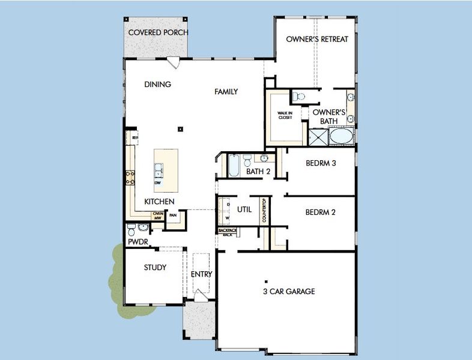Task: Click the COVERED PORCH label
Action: pos(158,32)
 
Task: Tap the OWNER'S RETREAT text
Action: pos(316,39)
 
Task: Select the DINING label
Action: pos(158,85)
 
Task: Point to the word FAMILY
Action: pos(226,92)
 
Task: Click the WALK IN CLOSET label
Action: pos(285,115)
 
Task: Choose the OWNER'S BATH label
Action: pos(328,116)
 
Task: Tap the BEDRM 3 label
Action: pos(320,163)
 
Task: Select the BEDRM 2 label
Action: pos(320,212)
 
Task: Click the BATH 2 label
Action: pos(258,172)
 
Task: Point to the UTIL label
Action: pos(244,209)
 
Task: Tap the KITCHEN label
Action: pos(159,202)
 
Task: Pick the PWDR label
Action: pos(137,242)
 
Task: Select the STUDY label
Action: pos(155,268)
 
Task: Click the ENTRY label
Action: pos(201,274)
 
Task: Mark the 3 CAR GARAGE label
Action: pos(289,292)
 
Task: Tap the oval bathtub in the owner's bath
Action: pos(342,137)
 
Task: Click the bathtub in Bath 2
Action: pos(233,165)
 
